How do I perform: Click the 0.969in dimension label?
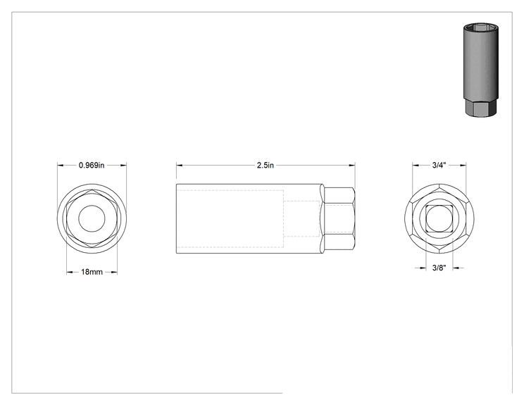pyautogui.click(x=92, y=165)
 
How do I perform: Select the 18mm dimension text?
pyautogui.click(x=92, y=272)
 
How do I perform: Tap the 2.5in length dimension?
pyautogui.click(x=266, y=165)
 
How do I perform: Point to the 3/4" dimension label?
pyautogui.click(x=439, y=165)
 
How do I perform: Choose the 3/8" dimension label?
pyautogui.click(x=439, y=268)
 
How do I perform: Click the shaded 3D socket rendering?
pyautogui.click(x=480, y=70)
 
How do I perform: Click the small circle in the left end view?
pyautogui.click(x=92, y=218)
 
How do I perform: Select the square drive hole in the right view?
pyautogui.click(x=439, y=218)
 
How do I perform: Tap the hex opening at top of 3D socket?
pyautogui.click(x=481, y=28)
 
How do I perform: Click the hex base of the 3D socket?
pyautogui.click(x=480, y=108)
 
